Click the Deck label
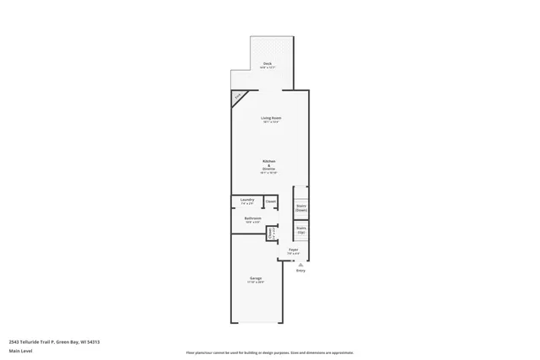point(267,64)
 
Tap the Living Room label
point(270,117)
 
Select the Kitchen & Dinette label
point(268,164)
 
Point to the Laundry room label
point(247,200)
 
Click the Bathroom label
point(252,218)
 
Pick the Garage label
point(256,278)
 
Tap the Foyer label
point(294,250)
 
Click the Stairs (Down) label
point(301,207)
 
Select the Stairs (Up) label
point(301,229)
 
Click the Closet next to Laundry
point(271,201)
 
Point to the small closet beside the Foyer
point(272,234)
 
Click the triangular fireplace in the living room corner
point(237,96)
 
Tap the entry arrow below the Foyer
point(300,263)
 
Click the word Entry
point(300,270)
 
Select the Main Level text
point(20,350)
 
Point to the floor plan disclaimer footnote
point(269,352)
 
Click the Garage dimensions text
point(256,282)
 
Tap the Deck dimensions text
point(267,68)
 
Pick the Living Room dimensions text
point(270,122)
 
